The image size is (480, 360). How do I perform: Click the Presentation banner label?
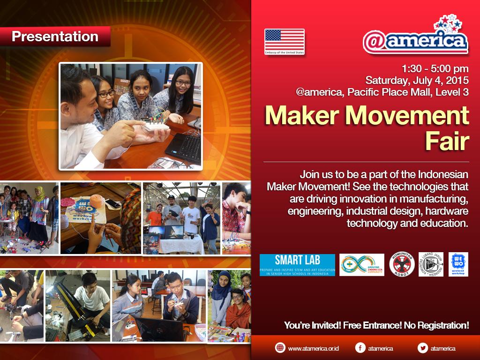point(55,37)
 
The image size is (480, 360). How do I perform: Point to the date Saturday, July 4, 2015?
point(417,80)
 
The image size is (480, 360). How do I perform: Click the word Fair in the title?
point(447,140)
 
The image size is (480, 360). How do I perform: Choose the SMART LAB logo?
point(297,265)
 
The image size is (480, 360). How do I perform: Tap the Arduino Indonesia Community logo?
point(361,265)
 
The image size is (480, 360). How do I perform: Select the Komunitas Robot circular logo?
point(402,265)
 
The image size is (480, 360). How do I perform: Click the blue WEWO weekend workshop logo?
point(458,264)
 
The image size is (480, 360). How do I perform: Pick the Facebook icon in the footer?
point(360,348)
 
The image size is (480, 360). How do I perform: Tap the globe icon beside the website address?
point(280,348)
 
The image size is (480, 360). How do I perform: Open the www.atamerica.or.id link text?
point(313,348)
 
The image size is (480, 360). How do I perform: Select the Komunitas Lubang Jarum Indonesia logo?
point(431,264)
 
